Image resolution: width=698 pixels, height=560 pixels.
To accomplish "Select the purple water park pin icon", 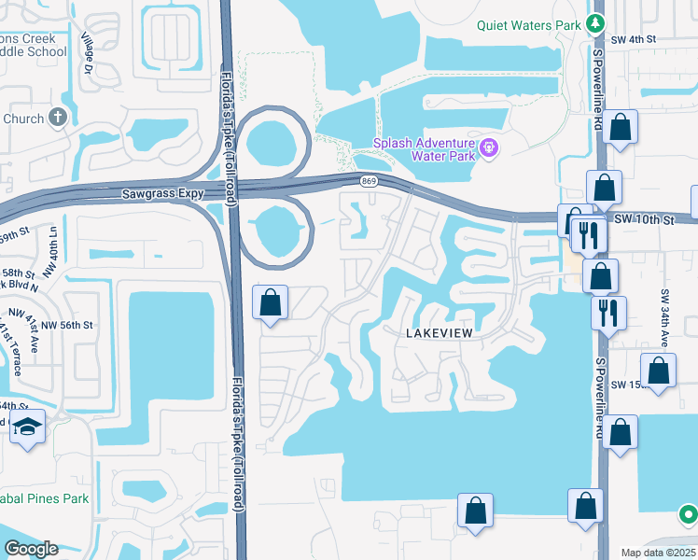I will tap(488, 147).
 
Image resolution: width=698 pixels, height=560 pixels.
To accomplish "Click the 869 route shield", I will tap(370, 181).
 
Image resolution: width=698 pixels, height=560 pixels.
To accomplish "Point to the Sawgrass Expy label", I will tap(162, 196).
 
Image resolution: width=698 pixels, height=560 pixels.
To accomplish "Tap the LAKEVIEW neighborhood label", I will tap(440, 332).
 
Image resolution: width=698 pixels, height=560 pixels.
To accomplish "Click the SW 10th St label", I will tap(644, 218).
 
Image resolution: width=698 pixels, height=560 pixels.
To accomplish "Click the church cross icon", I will tap(58, 119).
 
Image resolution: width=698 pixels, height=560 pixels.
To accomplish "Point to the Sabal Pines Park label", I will tap(45, 498).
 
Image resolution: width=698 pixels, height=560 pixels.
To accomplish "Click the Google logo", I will tap(30, 549).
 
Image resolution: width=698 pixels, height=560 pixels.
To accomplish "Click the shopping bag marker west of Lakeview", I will tap(271, 302).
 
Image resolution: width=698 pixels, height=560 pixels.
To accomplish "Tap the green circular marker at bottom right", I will tap(688, 513).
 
